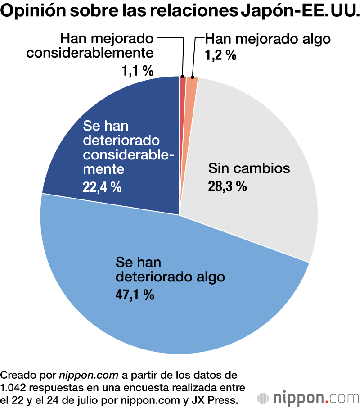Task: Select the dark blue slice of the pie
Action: (112, 135)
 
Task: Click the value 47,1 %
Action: (135, 295)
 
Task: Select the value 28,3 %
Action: (227, 186)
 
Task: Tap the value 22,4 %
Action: (102, 187)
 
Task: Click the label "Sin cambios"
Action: (248, 169)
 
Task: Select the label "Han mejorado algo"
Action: (268, 39)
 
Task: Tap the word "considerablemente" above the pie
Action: (90, 53)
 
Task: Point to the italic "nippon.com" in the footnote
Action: (88, 375)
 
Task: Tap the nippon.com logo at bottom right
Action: (308, 398)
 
